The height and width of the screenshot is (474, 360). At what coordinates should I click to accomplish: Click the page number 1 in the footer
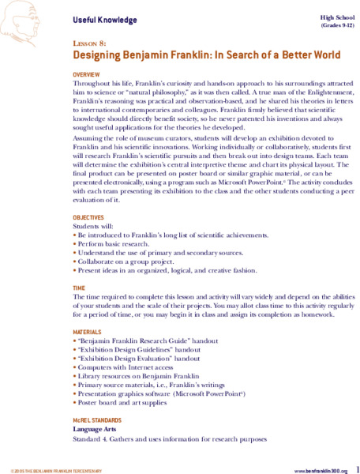[357, 466]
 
